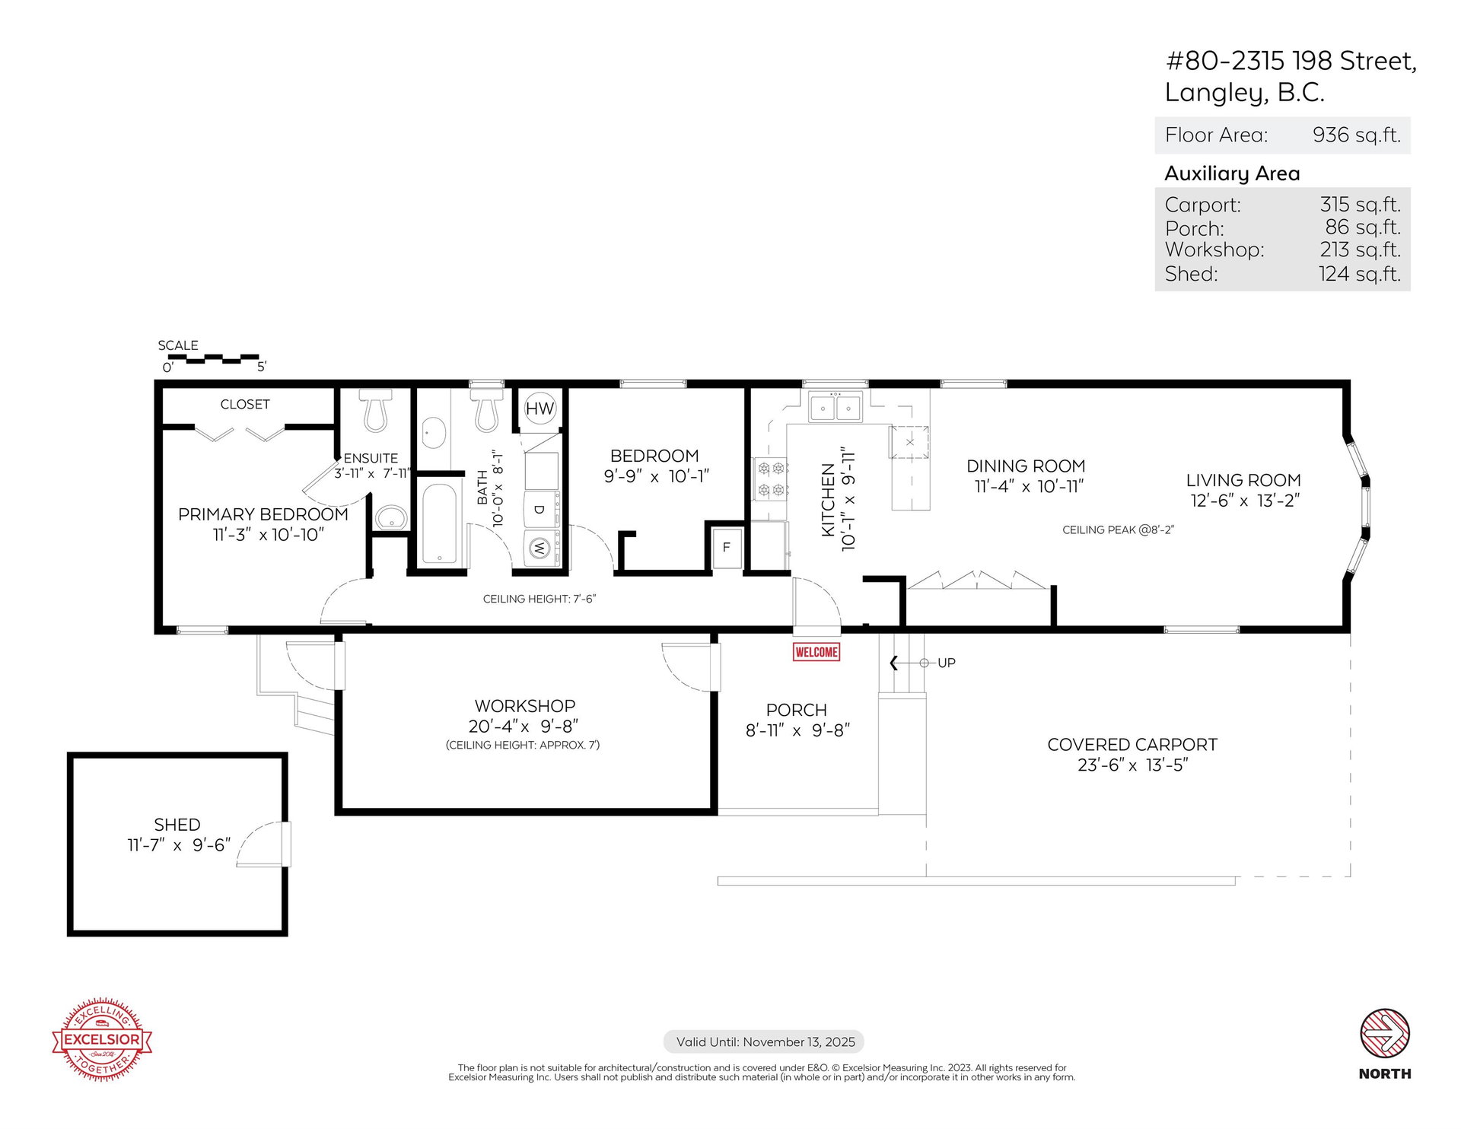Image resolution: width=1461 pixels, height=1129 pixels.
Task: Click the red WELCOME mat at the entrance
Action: pyautogui.click(x=816, y=652)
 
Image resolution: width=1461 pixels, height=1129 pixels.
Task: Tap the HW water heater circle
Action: pyautogui.click(x=540, y=409)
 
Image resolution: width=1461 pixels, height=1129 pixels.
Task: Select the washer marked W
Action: pyautogui.click(x=540, y=547)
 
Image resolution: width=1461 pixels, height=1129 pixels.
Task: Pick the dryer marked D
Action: pyautogui.click(x=540, y=509)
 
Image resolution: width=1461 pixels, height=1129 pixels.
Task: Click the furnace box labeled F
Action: pyautogui.click(x=726, y=547)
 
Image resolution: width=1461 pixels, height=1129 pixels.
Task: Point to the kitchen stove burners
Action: pyautogui.click(x=770, y=479)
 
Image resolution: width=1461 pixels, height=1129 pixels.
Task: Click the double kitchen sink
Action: pyautogui.click(x=835, y=408)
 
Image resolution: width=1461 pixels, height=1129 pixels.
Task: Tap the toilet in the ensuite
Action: pyautogui.click(x=375, y=410)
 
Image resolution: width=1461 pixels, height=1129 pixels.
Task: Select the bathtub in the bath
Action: pyautogui.click(x=439, y=523)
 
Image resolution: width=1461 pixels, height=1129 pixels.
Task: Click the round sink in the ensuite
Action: pyautogui.click(x=392, y=518)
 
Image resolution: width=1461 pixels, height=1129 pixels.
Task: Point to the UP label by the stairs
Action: pyautogui.click(x=947, y=663)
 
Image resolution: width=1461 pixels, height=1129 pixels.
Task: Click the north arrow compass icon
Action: pyautogui.click(x=1385, y=1033)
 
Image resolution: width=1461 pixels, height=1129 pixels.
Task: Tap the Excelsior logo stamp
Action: pyautogui.click(x=102, y=1039)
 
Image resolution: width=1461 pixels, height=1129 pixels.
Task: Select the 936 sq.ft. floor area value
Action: pyautogui.click(x=1357, y=135)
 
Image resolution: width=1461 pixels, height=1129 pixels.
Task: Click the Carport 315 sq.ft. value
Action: pyautogui.click(x=1361, y=204)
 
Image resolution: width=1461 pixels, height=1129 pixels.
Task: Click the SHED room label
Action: pyautogui.click(x=177, y=825)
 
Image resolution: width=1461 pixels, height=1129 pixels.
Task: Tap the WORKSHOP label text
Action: pyautogui.click(x=525, y=706)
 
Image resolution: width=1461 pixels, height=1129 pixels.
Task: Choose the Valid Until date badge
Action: pyautogui.click(x=764, y=1042)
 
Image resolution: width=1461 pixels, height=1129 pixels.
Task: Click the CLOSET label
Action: pyautogui.click(x=245, y=404)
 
